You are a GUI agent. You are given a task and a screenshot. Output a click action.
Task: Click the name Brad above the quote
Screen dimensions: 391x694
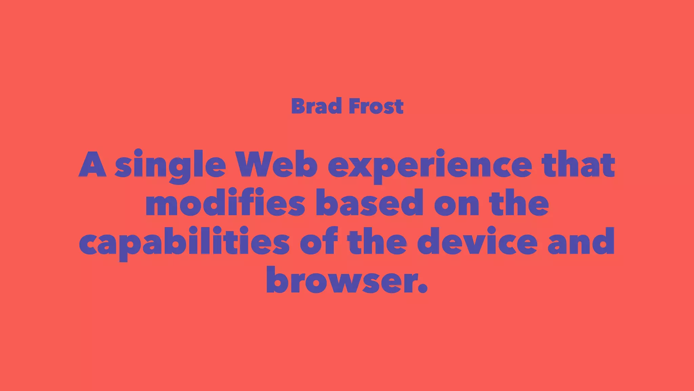point(316,106)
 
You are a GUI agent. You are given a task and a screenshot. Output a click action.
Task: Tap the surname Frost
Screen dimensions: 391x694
point(376,106)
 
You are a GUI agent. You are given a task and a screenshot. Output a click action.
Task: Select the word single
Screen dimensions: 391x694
point(170,165)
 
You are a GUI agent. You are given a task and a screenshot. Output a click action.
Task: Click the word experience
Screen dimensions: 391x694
point(430,165)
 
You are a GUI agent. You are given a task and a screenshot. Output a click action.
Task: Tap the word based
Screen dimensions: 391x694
point(370,203)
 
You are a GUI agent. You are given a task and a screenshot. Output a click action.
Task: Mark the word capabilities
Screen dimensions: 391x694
point(184,242)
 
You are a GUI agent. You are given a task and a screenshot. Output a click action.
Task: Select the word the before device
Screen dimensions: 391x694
point(377,242)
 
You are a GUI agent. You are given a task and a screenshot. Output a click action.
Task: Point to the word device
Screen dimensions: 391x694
point(477,242)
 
